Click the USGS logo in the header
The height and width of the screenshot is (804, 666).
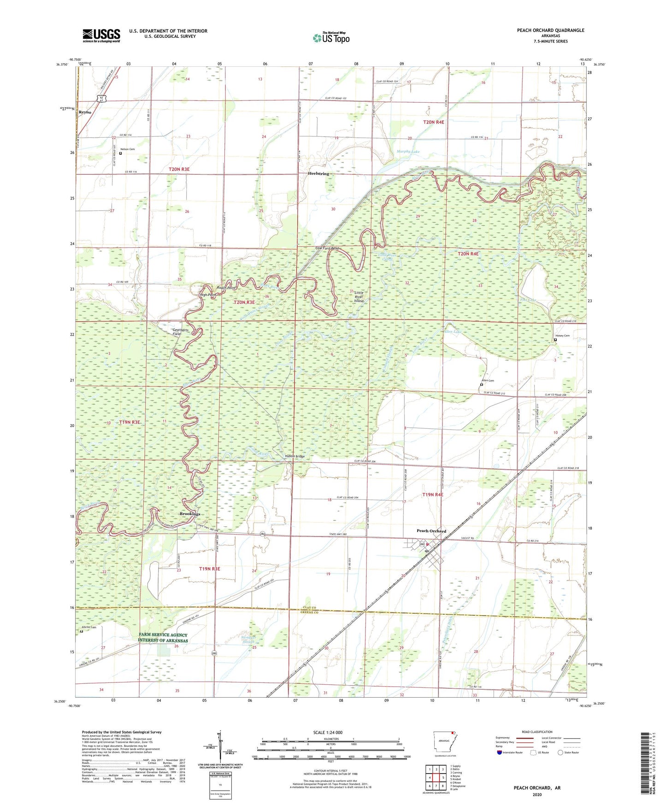point(101,35)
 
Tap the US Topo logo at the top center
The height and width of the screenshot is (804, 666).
point(331,38)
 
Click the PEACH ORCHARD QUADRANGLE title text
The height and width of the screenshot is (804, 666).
point(550,30)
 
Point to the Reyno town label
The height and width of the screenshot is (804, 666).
point(85,112)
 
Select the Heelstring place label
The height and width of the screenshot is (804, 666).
point(318,174)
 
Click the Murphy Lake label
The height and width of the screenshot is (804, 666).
point(408,151)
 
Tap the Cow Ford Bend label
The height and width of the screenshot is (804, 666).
point(327,249)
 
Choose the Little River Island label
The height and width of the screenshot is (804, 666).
point(358,297)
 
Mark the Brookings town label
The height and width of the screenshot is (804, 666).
point(190,513)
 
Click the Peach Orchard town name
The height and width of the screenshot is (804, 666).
point(431,531)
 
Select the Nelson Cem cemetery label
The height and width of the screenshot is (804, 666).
point(127,149)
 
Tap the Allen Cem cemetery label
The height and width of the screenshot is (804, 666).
point(487,380)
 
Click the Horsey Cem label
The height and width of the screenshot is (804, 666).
point(562,336)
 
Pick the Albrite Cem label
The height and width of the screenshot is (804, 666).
point(89,627)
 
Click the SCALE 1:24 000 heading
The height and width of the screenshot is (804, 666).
point(328,733)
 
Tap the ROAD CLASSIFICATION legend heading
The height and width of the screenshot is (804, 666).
point(537,732)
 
